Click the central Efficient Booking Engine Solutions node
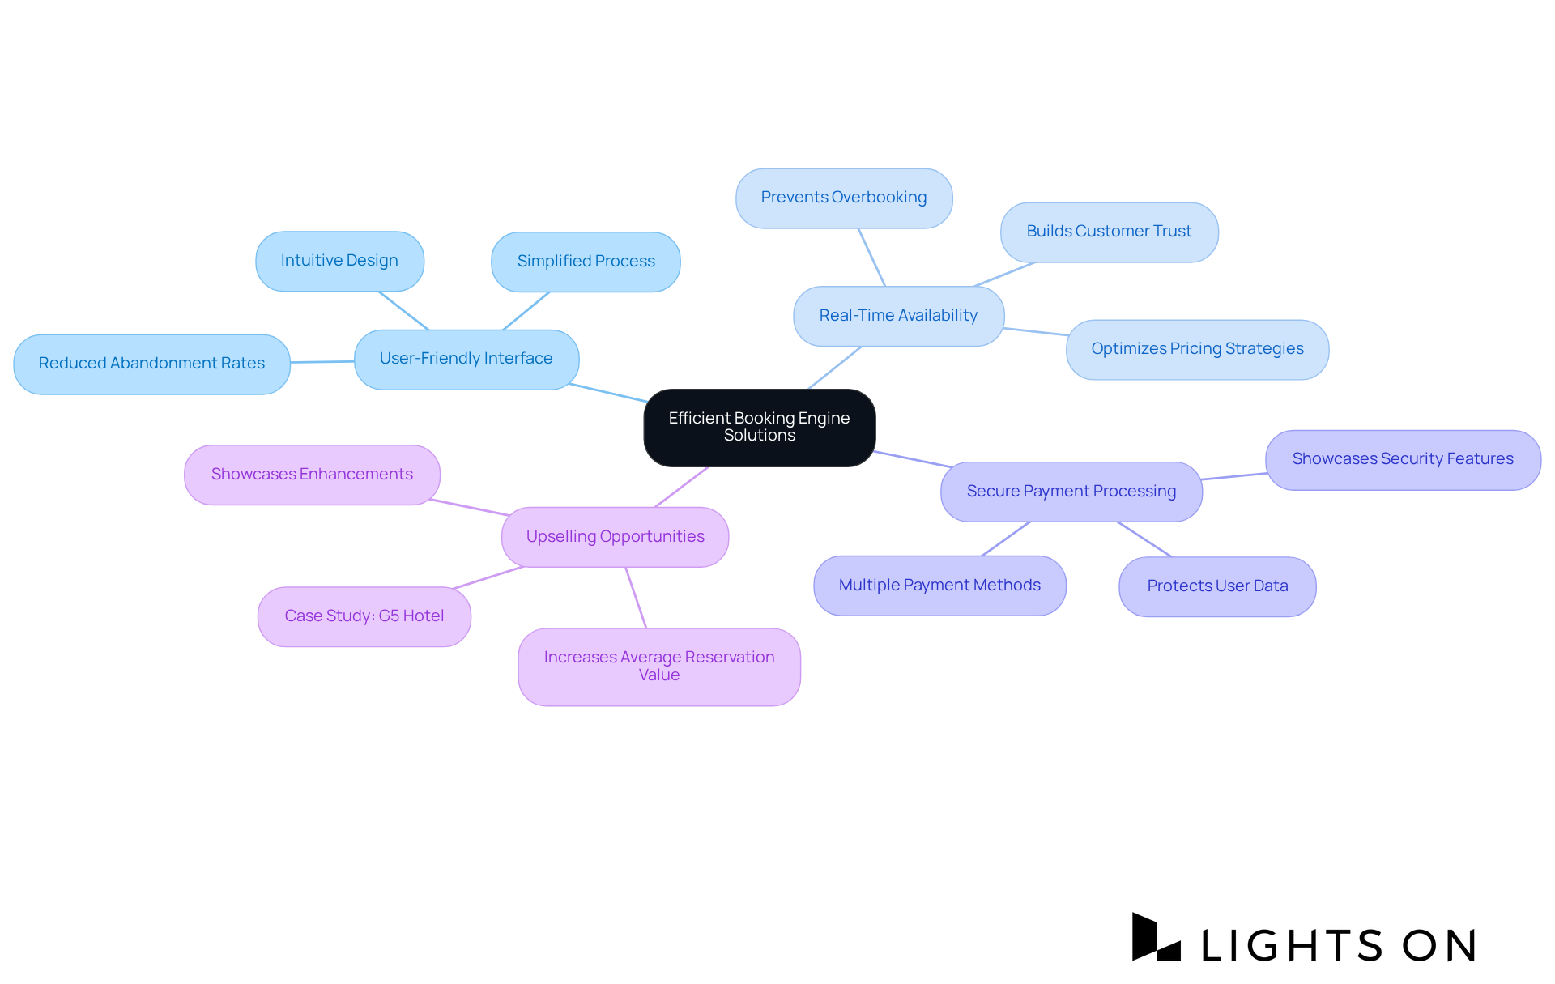pos(759,427)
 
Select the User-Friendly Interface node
pos(466,359)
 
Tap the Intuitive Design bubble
pos(339,261)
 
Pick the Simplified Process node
pos(586,262)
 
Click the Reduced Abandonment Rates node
pos(151,364)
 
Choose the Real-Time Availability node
pos(898,316)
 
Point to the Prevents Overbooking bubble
pos(844,198)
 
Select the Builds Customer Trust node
pos(1109,232)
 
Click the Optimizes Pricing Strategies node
pos(1197,349)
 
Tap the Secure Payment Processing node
pos(1071,492)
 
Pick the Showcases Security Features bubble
pos(1403,459)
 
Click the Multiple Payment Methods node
pos(939,586)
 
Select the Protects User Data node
pos(1217,586)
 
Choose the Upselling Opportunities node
pos(615,537)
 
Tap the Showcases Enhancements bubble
pos(312,475)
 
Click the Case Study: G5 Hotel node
pos(364,616)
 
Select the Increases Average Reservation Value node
pos(659,667)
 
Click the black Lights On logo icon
pos(1156,938)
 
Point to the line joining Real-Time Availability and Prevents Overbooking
pos(871,258)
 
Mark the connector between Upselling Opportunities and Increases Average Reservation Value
pos(636,598)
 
